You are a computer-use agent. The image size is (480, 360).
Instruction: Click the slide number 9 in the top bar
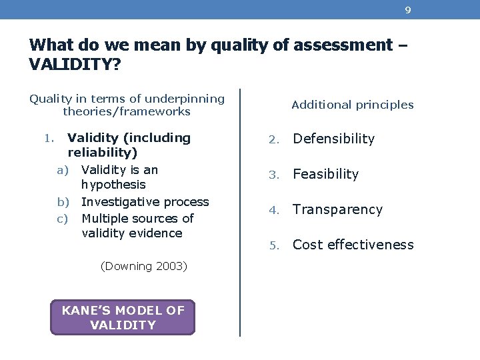407,10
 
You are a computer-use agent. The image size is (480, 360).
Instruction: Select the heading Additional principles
353,105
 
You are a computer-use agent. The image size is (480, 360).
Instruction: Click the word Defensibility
334,139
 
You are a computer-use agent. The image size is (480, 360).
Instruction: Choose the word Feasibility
326,174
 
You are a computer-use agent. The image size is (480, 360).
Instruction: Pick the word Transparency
338,209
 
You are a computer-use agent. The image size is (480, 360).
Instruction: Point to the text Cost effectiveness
353,245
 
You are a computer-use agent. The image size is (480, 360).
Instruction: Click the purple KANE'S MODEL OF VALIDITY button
123,317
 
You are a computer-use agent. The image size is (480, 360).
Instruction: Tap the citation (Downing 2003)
143,266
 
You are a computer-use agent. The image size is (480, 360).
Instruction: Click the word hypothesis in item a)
113,185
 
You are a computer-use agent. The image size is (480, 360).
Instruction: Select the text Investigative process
145,201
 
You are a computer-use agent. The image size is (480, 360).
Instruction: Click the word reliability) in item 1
102,153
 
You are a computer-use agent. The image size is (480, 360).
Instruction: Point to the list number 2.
272,139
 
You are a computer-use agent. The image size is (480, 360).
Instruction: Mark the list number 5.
272,245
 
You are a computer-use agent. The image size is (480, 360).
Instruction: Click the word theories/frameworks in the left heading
127,112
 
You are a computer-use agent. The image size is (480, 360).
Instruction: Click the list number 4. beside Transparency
272,210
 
